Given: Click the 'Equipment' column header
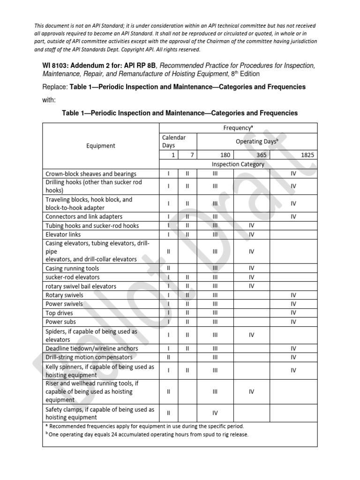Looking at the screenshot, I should [x=101, y=146].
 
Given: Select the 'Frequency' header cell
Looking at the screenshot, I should [x=239, y=127].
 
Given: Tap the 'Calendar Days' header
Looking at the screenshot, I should [x=174, y=142].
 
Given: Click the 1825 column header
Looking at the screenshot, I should [x=308, y=155].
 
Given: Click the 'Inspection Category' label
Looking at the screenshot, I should [x=238, y=164].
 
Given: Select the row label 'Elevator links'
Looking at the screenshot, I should [x=63, y=234].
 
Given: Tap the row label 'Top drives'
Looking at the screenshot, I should [x=59, y=313].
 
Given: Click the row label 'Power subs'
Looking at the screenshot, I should [x=60, y=322].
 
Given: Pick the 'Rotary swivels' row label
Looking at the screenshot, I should [x=65, y=295].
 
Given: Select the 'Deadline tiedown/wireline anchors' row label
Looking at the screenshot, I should [x=91, y=348].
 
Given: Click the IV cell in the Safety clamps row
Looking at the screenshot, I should [x=215, y=413].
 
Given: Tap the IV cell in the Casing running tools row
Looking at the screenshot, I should [x=251, y=269].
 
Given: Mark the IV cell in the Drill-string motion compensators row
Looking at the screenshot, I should [x=293, y=357].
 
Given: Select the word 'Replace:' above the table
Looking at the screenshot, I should [x=55, y=87].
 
